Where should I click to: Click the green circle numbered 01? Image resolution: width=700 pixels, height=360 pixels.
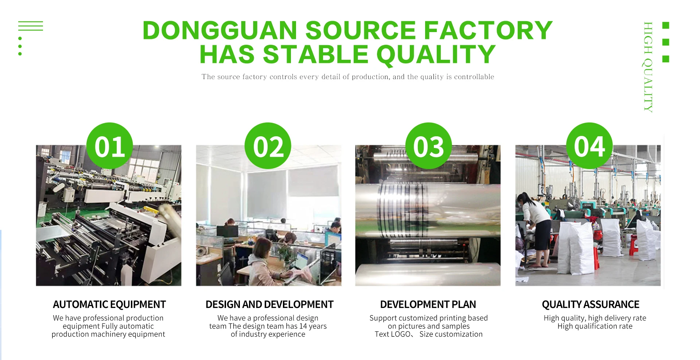click(109, 146)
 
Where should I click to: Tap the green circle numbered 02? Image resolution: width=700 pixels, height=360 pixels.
click(268, 146)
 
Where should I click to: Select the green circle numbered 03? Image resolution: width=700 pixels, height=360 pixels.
click(428, 146)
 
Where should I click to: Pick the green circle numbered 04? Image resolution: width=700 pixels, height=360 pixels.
click(589, 146)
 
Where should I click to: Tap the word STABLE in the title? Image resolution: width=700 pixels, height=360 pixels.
click(316, 55)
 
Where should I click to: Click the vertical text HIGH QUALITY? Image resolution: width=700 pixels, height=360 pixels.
click(648, 67)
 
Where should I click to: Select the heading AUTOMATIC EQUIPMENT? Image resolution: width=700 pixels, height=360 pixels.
click(109, 304)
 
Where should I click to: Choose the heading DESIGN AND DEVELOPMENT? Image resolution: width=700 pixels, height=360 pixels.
click(269, 304)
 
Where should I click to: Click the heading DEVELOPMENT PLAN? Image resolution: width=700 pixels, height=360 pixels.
click(428, 304)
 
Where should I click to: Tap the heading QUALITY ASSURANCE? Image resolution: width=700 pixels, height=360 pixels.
click(591, 304)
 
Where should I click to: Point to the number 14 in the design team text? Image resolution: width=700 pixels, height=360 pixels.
click(303, 326)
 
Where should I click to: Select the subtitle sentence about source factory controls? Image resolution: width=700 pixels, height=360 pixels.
click(348, 77)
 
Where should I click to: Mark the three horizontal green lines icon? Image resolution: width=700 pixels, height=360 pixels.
click(31, 26)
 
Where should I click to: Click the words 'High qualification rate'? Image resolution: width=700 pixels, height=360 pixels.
click(595, 326)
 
